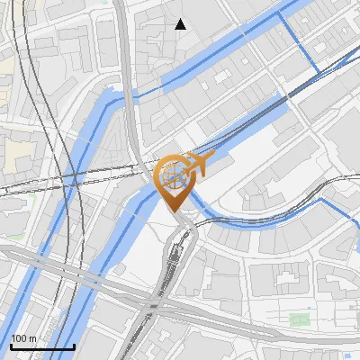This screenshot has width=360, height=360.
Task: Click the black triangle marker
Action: [181, 24]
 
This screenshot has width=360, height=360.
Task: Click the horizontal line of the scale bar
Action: [42, 346]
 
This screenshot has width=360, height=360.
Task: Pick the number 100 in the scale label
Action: [20, 338]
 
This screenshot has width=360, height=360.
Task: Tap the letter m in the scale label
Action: [32, 339]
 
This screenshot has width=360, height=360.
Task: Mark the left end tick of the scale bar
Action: [11, 345]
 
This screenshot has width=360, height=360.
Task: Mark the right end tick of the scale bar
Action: [74, 345]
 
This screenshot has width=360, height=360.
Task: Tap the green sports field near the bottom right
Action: [300, 318]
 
